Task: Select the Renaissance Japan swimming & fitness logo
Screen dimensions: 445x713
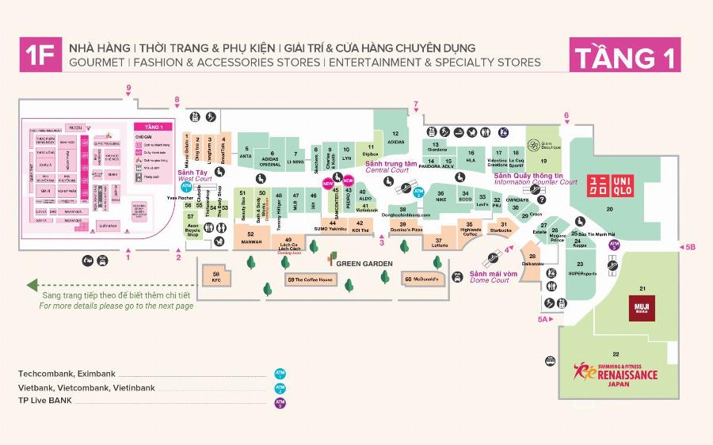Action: click(616, 372)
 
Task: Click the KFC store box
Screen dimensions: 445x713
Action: click(216, 278)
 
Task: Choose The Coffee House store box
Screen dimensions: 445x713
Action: click(310, 280)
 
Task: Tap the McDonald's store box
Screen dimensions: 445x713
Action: click(423, 278)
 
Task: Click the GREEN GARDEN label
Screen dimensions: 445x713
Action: click(364, 263)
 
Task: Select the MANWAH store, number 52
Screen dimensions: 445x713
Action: click(250, 235)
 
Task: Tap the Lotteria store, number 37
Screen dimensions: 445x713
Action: click(440, 243)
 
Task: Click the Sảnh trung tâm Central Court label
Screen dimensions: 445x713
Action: click(387, 166)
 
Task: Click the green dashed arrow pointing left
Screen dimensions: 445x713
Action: click(32, 285)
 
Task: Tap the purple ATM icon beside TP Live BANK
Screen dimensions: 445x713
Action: click(279, 401)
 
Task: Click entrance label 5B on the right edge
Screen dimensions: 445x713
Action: click(689, 248)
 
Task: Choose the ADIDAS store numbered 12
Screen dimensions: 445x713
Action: click(395, 138)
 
